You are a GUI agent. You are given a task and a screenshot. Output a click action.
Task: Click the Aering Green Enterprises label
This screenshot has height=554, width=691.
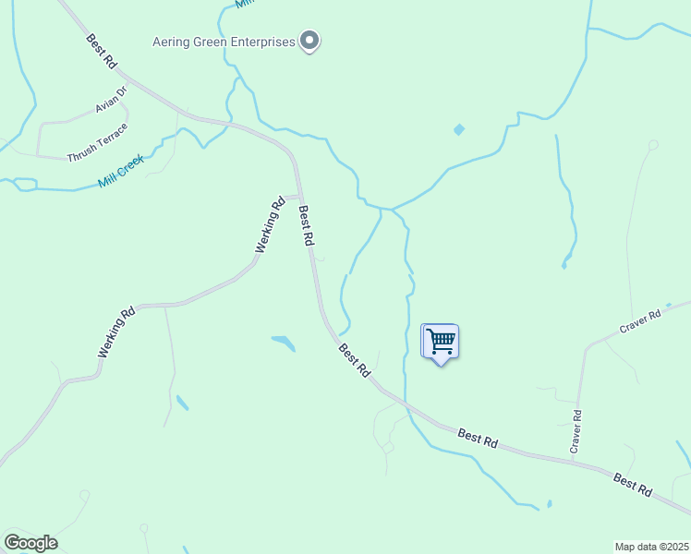pos(224,42)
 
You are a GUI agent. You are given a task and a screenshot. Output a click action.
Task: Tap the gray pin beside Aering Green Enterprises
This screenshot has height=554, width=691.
pos(310,42)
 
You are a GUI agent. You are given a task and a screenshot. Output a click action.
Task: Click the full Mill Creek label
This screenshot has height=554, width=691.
pos(122,172)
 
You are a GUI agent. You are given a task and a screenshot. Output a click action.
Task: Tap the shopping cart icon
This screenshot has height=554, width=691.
pos(441,342)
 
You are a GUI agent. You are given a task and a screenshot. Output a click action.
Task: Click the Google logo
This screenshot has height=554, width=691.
pos(30,543)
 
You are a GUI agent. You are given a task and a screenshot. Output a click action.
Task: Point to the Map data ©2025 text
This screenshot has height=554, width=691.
pos(651,547)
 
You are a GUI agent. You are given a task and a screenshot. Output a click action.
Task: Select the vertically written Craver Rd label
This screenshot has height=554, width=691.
pos(576,431)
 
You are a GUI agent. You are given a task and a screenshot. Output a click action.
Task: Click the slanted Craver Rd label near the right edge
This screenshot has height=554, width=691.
pos(641,321)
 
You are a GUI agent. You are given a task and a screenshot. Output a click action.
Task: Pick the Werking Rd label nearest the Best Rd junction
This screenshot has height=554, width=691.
pos(267,225)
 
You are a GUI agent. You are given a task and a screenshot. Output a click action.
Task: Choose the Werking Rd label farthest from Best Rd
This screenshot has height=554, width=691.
pos(116,332)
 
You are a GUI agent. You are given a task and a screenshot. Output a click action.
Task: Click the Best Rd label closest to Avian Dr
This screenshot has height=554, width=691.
pos(102,53)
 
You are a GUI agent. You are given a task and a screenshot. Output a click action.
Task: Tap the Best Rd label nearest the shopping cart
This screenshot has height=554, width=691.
pos(355,360)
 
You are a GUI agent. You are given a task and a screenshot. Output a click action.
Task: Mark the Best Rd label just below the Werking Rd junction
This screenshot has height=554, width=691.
pos(307,226)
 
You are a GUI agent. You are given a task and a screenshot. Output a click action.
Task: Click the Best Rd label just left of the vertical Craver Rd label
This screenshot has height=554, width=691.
pos(478,438)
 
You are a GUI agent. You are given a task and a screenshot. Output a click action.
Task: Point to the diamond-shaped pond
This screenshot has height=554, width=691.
pos(459,129)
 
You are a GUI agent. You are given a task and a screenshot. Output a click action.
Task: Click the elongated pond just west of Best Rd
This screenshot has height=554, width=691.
pos(284,343)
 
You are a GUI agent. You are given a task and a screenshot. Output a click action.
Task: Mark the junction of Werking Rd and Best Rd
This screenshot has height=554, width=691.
pos(299,196)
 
